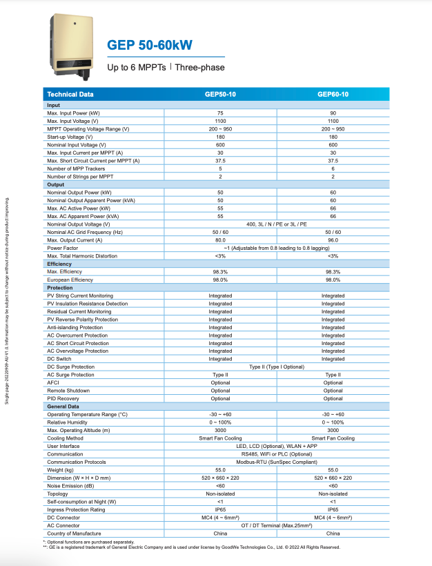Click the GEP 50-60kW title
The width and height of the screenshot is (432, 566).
click(x=150, y=46)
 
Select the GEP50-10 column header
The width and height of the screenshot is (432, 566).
click(x=220, y=94)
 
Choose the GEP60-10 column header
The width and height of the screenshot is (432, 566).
click(x=333, y=94)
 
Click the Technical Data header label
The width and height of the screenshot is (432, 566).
click(x=70, y=94)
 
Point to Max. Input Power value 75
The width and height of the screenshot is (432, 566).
click(x=220, y=113)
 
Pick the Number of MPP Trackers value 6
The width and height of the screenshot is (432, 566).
click(x=333, y=168)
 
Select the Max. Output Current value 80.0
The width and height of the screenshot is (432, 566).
click(x=220, y=240)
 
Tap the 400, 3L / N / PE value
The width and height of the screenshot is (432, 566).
click(x=276, y=224)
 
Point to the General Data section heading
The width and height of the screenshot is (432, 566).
click(x=63, y=407)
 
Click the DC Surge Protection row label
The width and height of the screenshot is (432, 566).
click(x=70, y=367)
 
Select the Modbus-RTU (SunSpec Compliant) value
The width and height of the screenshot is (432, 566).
click(x=276, y=462)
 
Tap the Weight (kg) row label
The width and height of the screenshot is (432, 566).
click(x=61, y=470)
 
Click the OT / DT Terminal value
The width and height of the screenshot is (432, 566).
click(x=276, y=525)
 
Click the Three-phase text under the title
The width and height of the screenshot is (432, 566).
click(x=199, y=68)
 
